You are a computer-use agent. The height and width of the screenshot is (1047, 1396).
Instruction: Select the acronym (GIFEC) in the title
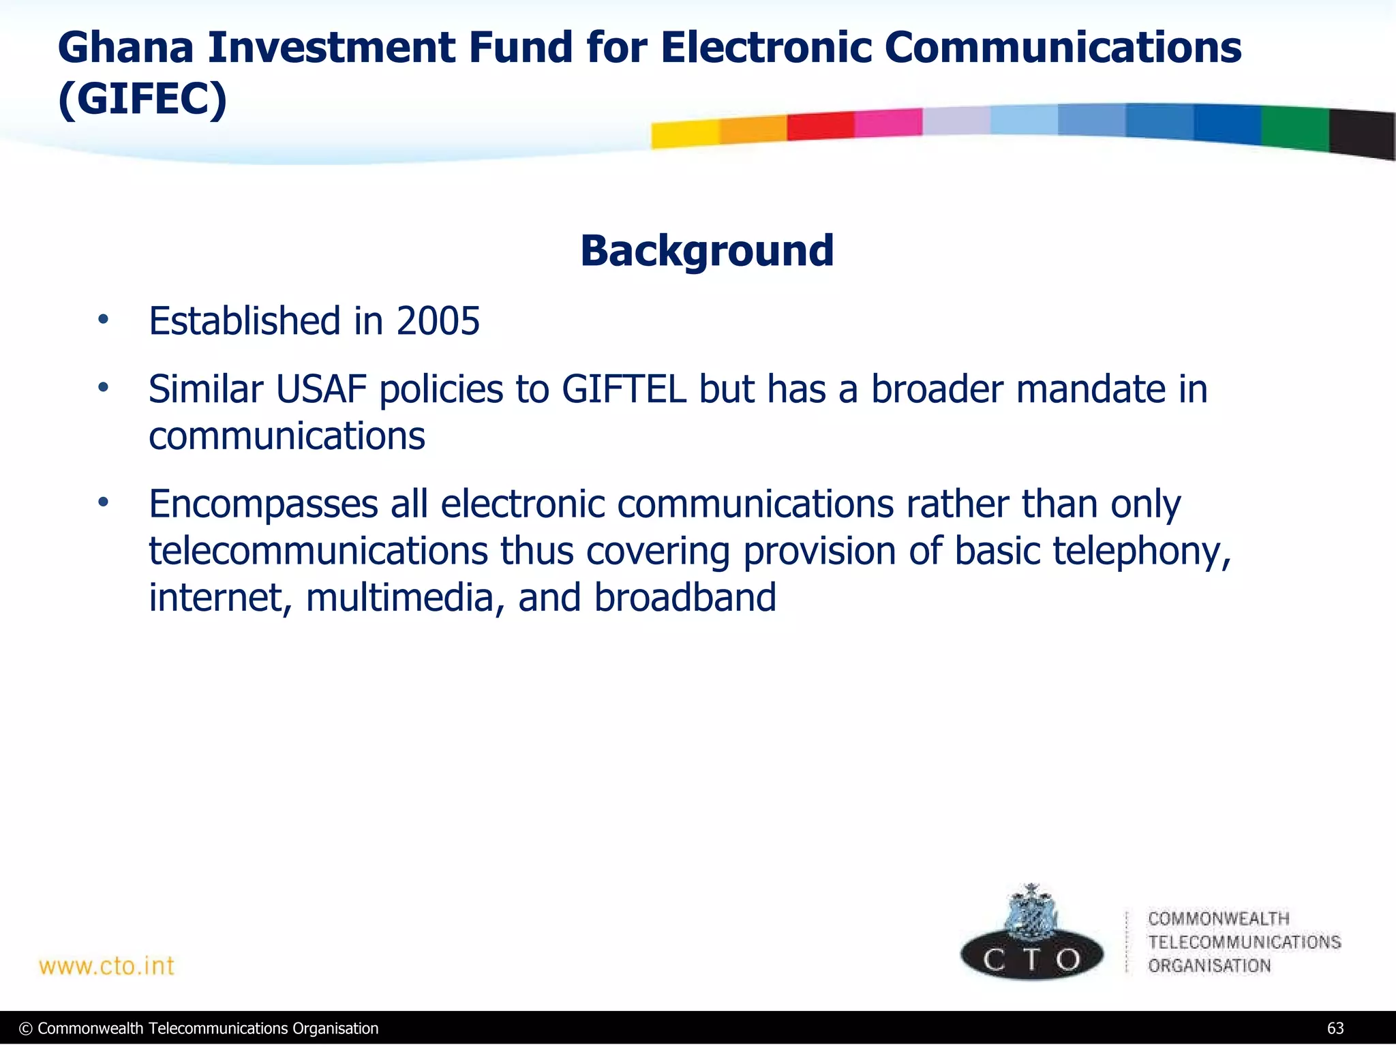[142, 100]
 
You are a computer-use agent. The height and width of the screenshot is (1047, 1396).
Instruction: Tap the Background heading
[707, 251]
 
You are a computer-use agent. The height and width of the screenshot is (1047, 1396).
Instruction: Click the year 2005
[438, 321]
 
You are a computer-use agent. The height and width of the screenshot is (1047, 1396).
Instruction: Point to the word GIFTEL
[624, 390]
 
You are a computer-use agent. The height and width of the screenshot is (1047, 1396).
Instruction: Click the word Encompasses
[263, 505]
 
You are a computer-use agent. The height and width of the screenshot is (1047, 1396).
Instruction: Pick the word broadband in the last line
[685, 598]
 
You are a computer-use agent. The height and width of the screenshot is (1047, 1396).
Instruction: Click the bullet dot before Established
[103, 320]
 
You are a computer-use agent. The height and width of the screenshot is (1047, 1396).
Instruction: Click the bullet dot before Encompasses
[103, 503]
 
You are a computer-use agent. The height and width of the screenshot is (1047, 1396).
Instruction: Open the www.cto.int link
[107, 966]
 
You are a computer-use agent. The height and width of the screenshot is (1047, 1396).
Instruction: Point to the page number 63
[1335, 1029]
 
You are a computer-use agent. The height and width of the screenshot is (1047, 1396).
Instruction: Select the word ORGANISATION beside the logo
[1209, 966]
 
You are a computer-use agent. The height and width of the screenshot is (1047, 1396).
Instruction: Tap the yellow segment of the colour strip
[684, 134]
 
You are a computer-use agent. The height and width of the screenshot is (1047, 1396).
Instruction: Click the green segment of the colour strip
[1294, 128]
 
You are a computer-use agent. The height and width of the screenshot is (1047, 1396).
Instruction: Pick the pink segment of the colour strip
[887, 123]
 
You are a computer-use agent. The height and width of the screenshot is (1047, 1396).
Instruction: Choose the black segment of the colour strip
[1362, 134]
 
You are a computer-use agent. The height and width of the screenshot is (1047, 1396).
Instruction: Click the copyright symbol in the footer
[26, 1029]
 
